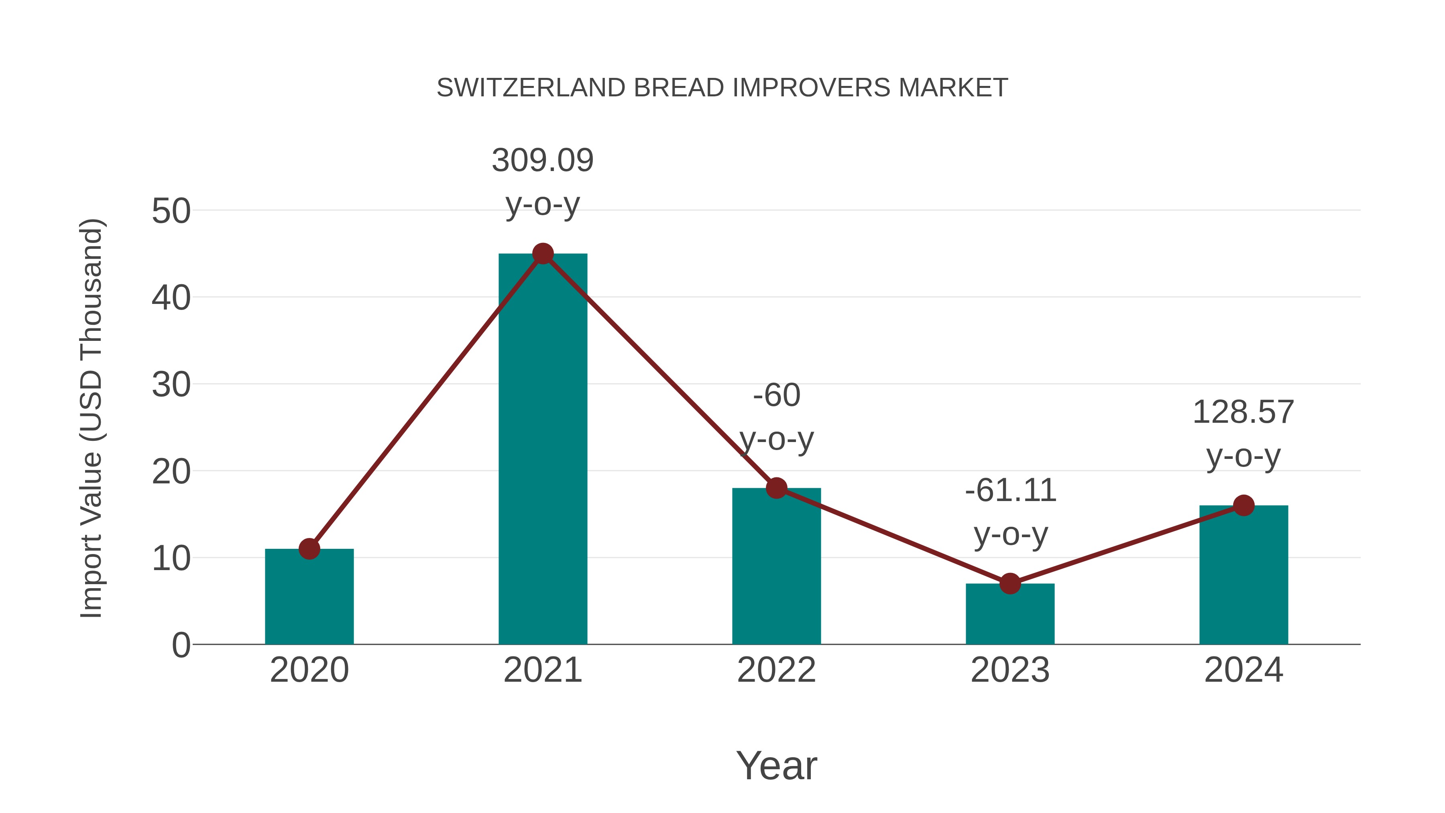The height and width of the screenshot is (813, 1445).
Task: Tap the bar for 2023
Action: [1010, 614]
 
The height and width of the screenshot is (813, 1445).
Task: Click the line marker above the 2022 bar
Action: [776, 488]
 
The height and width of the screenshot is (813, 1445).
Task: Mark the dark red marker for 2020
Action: [309, 549]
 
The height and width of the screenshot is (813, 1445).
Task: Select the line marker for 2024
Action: [1244, 505]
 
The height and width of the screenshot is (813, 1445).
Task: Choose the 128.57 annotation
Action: [1243, 412]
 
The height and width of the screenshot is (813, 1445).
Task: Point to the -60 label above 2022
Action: [776, 395]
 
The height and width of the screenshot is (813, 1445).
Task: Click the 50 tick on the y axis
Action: [171, 212]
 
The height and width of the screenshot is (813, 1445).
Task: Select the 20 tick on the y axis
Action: [171, 472]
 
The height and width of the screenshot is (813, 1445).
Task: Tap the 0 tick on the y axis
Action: [181, 645]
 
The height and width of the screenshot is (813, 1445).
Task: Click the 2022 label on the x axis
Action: [776, 670]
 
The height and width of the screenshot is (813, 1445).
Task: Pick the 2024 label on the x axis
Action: [1243, 670]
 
